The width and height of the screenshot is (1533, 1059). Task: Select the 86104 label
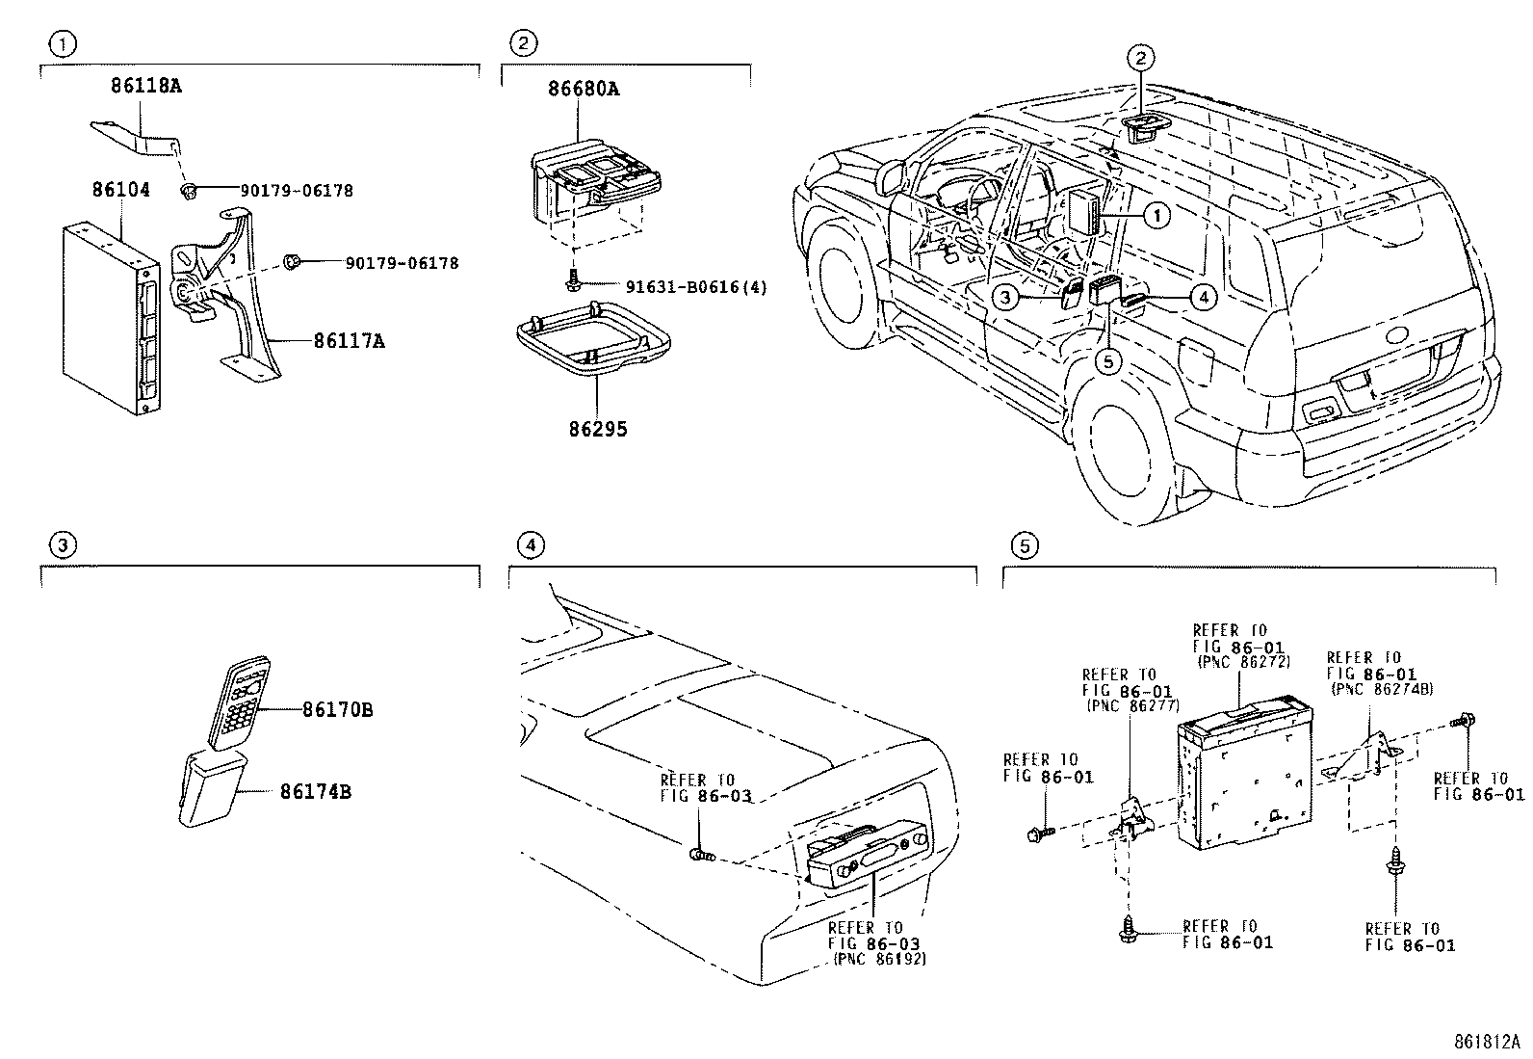tap(121, 190)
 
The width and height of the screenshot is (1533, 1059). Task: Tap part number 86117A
tap(349, 341)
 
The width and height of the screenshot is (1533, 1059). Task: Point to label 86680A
tap(584, 90)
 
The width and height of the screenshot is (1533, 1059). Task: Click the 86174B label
tap(316, 792)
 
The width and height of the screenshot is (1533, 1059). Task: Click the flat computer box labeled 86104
tap(106, 318)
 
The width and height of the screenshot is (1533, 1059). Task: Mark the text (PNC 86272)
tap(1243, 662)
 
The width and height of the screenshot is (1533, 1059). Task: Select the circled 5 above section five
tap(1025, 546)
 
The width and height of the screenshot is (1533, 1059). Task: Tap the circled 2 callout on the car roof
tap(1140, 58)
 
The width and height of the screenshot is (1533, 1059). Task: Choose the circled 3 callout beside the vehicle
tap(1005, 298)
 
